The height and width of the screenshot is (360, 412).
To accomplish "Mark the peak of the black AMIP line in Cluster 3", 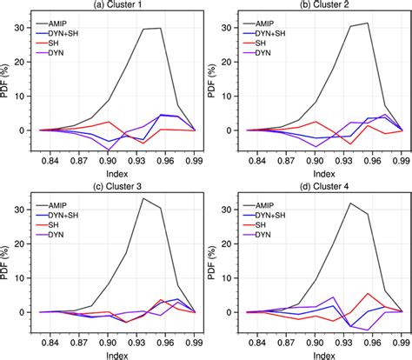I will [x=143, y=198].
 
